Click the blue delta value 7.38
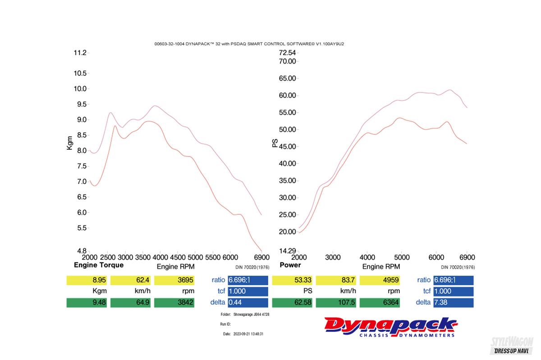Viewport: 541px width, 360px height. click(453, 303)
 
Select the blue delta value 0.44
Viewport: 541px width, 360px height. click(248, 303)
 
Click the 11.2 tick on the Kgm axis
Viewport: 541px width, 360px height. click(80, 53)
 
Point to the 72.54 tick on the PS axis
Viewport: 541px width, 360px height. click(287, 53)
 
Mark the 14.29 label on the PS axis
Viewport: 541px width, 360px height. click(287, 251)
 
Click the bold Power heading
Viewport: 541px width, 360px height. click(290, 265)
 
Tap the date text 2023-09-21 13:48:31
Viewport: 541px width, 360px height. click(248, 334)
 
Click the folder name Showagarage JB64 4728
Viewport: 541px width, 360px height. click(251, 314)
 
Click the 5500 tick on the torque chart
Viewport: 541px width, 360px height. click(213, 257)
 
